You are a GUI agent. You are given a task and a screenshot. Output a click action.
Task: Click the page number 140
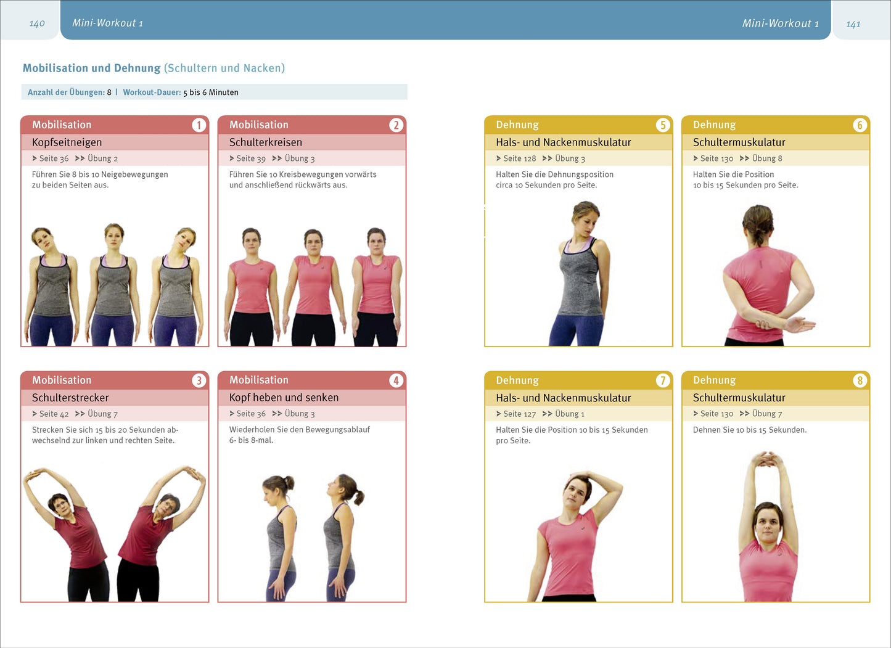coord(37,23)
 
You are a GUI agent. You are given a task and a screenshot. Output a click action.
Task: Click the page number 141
coord(853,24)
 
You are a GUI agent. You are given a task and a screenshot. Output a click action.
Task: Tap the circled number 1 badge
coord(199,125)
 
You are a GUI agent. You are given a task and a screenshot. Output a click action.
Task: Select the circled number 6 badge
coord(860,125)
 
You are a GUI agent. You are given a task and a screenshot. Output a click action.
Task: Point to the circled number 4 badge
coord(396,380)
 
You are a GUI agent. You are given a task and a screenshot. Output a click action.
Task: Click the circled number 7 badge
coord(663,380)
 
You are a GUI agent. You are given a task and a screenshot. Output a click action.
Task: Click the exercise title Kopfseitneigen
coord(67,142)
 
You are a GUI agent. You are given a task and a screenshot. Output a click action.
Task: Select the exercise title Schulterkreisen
coord(265,142)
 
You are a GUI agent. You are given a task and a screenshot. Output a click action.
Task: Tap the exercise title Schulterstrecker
coord(70,398)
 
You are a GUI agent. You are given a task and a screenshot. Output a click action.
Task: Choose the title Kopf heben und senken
coord(284,398)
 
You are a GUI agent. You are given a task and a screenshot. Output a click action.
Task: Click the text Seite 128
coord(519,158)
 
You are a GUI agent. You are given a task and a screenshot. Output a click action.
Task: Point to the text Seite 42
coord(54,414)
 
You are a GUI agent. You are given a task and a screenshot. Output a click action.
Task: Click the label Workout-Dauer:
coord(152,92)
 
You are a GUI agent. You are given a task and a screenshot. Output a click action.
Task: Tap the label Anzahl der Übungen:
coord(67,92)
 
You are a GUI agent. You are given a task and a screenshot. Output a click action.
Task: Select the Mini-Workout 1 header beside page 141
coord(781,23)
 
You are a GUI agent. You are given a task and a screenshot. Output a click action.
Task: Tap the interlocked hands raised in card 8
coord(766,459)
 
